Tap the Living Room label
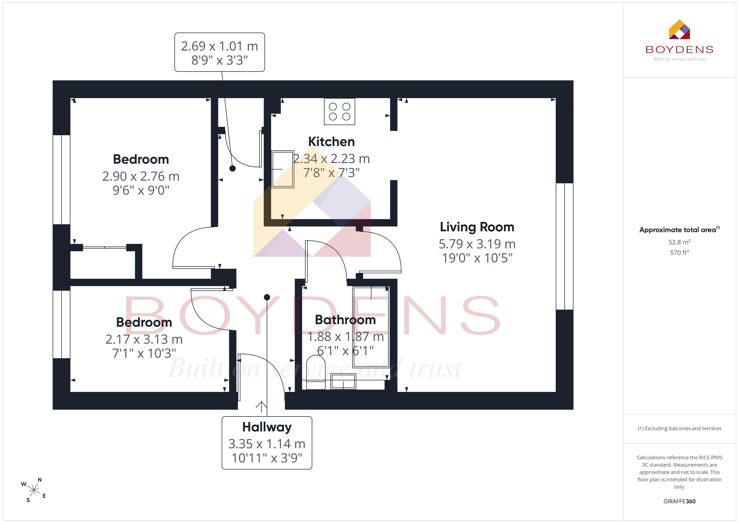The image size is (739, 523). pos(477,227)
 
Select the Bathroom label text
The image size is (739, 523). pos(345,320)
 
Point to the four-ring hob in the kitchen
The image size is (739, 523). pos(340,111)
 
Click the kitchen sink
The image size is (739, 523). pos(283,169)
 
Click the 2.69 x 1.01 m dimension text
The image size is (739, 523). pos(220,46)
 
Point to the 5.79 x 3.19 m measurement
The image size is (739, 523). pos(477,244)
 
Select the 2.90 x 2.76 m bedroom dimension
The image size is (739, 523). pos(141,176)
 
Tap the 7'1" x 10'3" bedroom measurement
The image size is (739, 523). pos(144,353)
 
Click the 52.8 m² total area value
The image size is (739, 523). pos(680,242)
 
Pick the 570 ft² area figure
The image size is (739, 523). pos(680,252)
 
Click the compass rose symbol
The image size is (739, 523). pos(34,490)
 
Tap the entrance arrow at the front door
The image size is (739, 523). pos(261,407)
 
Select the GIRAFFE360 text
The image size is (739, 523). pos(680,501)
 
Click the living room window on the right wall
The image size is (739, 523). pos(565,246)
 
